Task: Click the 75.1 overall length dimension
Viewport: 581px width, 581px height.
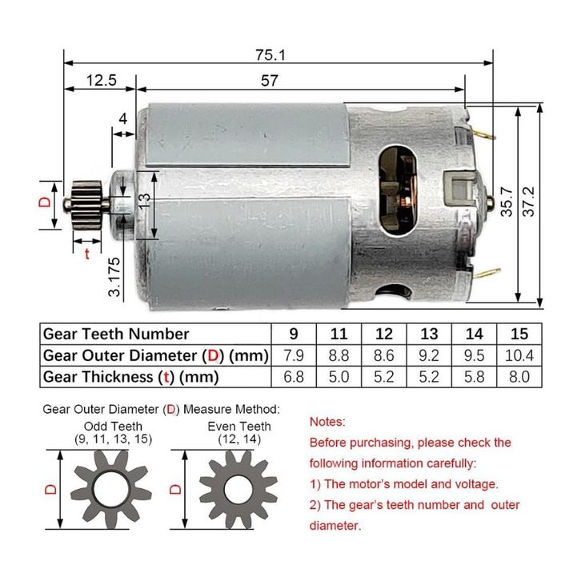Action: [270, 55]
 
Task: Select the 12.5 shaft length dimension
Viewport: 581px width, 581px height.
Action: [101, 80]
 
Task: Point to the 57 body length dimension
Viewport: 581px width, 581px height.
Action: [270, 81]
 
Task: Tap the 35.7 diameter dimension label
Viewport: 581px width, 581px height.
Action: [506, 202]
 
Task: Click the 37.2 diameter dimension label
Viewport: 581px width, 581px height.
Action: [529, 202]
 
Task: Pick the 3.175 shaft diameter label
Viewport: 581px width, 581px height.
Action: [114, 276]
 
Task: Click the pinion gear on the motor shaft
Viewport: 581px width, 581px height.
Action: [86, 202]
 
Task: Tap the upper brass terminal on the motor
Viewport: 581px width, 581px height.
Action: [483, 134]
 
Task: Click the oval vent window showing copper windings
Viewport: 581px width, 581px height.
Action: [399, 190]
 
